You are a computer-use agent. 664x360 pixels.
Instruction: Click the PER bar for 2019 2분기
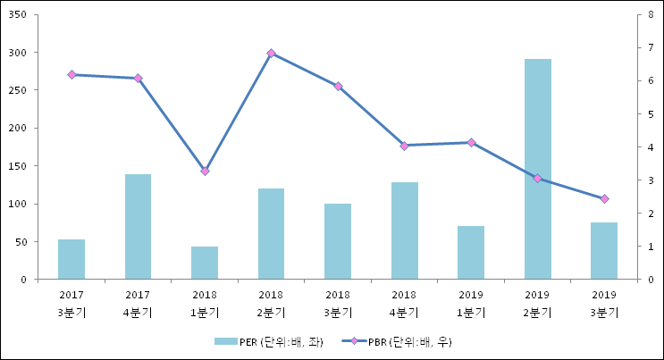click(x=537, y=169)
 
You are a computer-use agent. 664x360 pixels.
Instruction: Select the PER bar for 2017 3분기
click(x=71, y=259)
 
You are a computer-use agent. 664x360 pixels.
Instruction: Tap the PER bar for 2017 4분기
click(x=138, y=227)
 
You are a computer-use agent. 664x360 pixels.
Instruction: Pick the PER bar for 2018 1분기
click(x=205, y=263)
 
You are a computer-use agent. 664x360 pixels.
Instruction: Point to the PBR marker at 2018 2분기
click(x=271, y=54)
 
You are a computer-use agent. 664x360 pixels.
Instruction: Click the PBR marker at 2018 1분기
click(x=205, y=171)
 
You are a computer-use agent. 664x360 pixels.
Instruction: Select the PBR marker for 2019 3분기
click(x=604, y=198)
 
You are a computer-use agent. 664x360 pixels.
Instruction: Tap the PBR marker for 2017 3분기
click(x=71, y=75)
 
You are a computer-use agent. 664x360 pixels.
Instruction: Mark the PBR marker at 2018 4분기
click(x=404, y=146)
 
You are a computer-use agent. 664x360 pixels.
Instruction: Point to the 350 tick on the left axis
click(x=19, y=15)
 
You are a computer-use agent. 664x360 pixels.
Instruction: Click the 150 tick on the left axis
click(x=19, y=166)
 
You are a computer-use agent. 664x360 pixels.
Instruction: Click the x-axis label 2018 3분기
click(x=338, y=303)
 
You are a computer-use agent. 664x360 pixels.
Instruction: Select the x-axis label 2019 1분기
click(x=471, y=303)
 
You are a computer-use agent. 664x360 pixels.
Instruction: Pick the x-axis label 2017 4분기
click(x=138, y=303)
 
